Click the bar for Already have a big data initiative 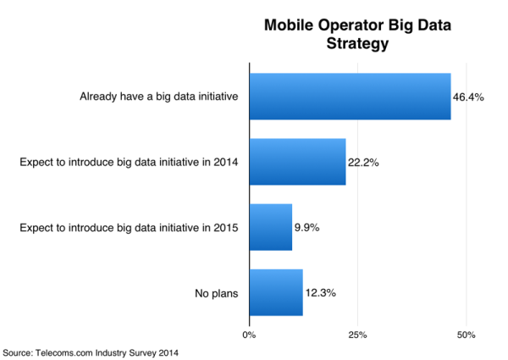click(x=350, y=96)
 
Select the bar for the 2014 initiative click(x=297, y=161)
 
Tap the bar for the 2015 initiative click(x=271, y=226)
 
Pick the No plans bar click(x=276, y=291)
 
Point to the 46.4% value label click(x=468, y=97)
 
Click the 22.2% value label click(x=363, y=162)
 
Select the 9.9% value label click(x=307, y=227)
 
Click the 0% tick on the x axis click(x=249, y=335)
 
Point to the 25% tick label click(x=357, y=335)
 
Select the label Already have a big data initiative click(x=158, y=97)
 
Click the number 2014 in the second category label click(x=226, y=162)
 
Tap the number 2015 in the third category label click(x=226, y=227)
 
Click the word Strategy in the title click(x=356, y=43)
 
